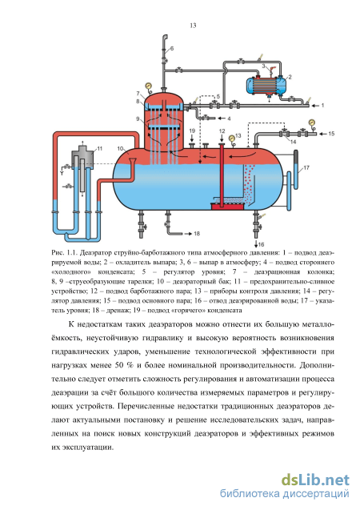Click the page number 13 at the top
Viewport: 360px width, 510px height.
pos(193,26)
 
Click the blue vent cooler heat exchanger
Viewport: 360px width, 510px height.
pos(266,85)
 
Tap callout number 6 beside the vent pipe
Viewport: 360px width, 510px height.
pos(171,49)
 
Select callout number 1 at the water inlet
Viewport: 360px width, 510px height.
pos(322,106)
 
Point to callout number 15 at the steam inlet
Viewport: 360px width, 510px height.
pos(331,134)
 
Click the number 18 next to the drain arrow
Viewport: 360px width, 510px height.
pos(197,234)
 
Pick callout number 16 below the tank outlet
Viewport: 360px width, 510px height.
pos(262,244)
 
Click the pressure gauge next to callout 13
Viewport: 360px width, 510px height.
pos(231,139)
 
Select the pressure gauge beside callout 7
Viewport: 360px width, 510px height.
pos(148,85)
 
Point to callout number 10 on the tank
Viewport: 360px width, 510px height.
pos(121,149)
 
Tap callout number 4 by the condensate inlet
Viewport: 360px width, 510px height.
pos(229,118)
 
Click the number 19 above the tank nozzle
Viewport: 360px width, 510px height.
pos(192,131)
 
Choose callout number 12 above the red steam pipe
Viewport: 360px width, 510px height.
pos(222,131)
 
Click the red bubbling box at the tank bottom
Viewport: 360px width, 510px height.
pos(227,207)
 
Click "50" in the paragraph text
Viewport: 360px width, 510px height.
pos(119,365)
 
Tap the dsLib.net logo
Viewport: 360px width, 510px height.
pos(315,480)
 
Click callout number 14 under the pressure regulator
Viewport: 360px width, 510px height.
pos(293,142)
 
